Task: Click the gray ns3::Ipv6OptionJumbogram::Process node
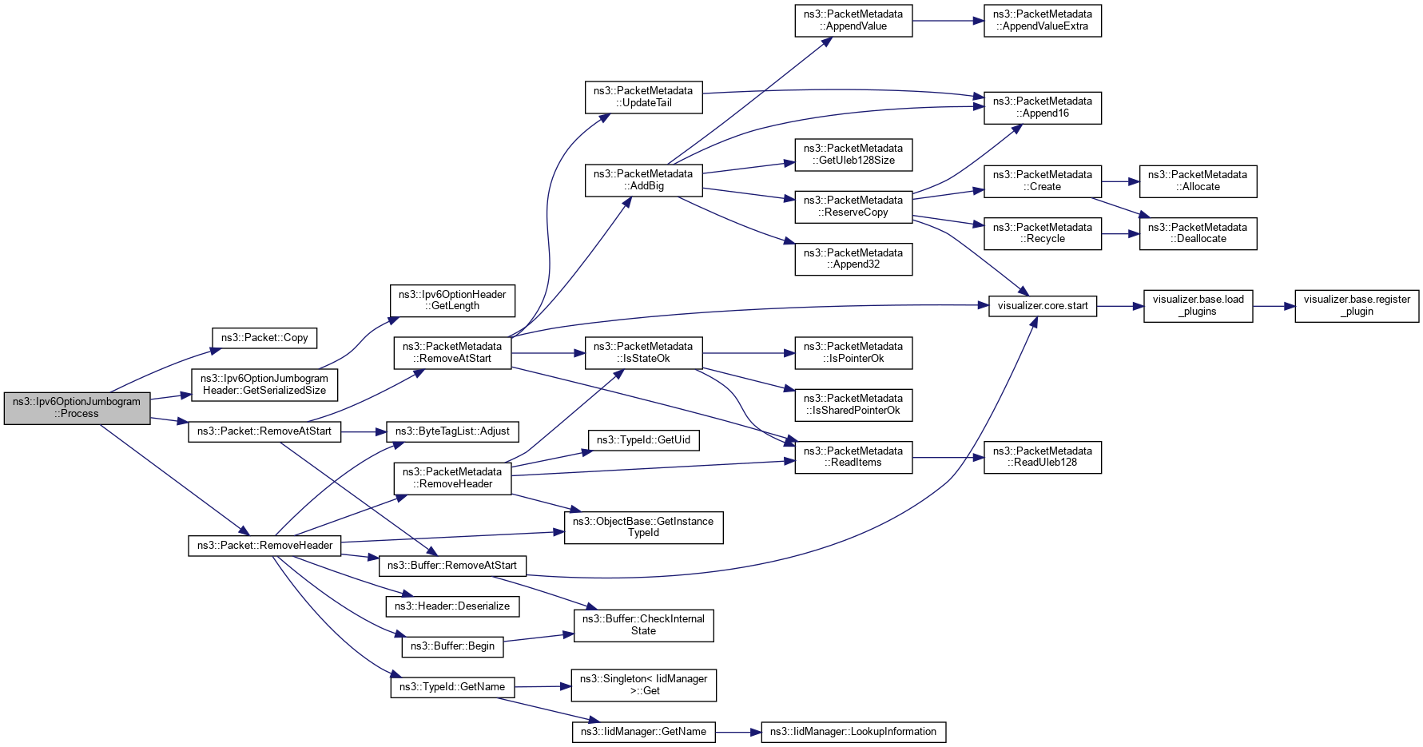77,408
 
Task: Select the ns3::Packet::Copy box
264,338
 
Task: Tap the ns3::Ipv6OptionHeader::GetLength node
452,300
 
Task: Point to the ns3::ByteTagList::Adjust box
452,431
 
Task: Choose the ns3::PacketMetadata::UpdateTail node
643,97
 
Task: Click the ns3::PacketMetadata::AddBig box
643,181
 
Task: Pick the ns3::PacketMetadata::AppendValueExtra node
1042,21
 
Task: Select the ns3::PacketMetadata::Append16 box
1042,108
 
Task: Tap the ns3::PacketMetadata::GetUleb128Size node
853,155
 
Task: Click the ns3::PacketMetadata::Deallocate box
1198,233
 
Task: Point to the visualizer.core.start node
1043,306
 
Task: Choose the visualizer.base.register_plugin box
1357,306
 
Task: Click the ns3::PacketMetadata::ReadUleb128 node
1042,457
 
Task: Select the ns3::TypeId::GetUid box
643,440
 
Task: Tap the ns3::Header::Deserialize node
452,606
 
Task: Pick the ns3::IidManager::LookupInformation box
853,732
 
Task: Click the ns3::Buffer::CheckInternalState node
643,626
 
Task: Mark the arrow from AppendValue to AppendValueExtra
948,21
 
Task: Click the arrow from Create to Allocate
1120,181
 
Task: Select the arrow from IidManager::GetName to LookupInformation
738,732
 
